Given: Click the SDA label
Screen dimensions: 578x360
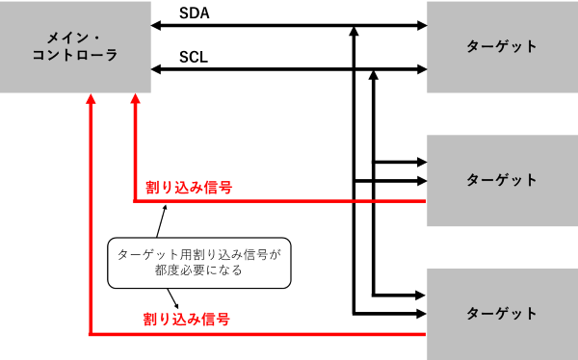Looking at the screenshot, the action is pos(195,13).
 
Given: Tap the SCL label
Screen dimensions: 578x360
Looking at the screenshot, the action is pos(194,57).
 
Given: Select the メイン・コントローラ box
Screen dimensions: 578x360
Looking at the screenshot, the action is pos(75,47).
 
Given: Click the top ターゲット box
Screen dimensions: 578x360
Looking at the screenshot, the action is pos(503,47).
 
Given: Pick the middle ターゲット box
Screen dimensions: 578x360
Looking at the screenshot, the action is pos(503,181).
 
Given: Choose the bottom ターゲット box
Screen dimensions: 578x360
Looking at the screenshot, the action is pos(503,314).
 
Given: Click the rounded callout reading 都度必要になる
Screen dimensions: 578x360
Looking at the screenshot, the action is pos(199,263).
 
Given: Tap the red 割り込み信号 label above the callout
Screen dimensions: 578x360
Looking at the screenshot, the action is pos(189,187).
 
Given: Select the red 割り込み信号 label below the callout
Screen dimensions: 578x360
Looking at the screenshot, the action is pos(187,319).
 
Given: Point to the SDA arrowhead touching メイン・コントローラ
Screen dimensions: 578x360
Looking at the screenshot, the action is pos(156,25).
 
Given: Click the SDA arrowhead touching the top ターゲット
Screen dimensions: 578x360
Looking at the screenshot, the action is pos(422,25).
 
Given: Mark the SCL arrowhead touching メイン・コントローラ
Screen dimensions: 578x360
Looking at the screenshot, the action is pos(156,69).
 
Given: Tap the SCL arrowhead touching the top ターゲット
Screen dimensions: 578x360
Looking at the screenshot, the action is pos(422,69).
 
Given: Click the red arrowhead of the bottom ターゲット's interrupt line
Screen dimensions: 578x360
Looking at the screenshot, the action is pos(91,99).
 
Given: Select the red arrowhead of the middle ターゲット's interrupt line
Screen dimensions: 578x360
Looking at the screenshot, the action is pos(135,99).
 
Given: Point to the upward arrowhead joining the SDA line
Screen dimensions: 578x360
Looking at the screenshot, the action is pos(354,31).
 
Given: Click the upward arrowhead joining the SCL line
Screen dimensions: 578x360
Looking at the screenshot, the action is pos(374,75).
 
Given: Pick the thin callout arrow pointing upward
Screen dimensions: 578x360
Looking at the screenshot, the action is pos(162,221).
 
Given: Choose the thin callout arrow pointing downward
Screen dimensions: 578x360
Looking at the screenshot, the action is pos(172,298).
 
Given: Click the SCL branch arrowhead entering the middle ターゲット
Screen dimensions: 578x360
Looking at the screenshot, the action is pos(422,162).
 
